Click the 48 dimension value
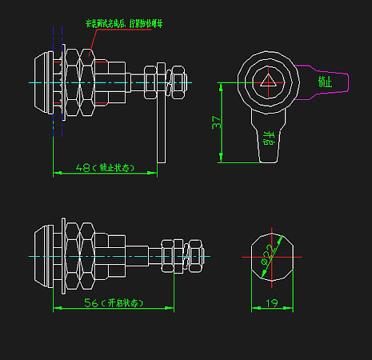[83, 168]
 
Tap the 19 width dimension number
[271, 303]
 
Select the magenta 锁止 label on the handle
[325, 82]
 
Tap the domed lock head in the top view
[42, 82]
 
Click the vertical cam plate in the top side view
[162, 120]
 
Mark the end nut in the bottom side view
[194, 256]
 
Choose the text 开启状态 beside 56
[125, 304]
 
